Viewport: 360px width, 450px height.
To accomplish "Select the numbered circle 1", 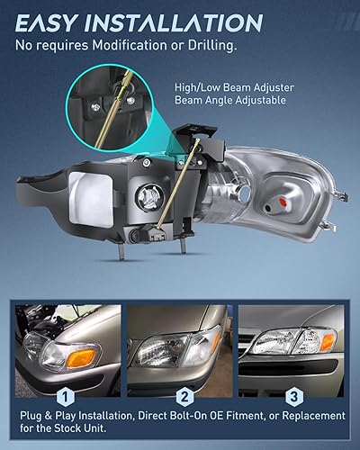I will (66, 394).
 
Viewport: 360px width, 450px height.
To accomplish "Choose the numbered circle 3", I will (293, 394).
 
